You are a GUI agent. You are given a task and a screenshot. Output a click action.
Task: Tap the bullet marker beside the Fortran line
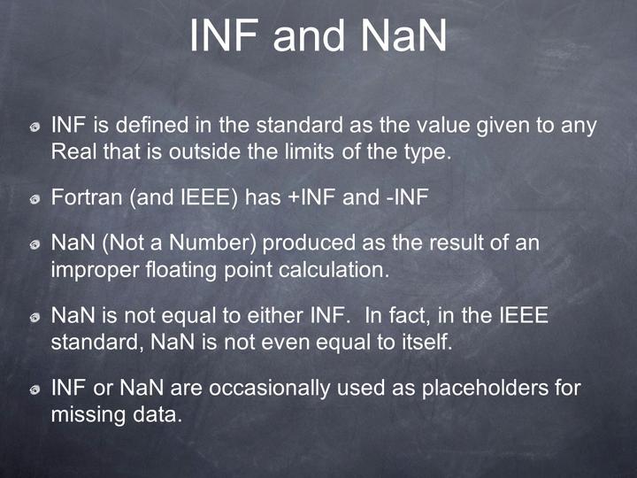pos(34,198)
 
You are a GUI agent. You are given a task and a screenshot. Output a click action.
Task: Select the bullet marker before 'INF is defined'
pos(34,128)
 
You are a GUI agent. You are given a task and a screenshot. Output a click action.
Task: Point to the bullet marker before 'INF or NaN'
pos(34,390)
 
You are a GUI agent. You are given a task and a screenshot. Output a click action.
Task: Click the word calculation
pos(339,270)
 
